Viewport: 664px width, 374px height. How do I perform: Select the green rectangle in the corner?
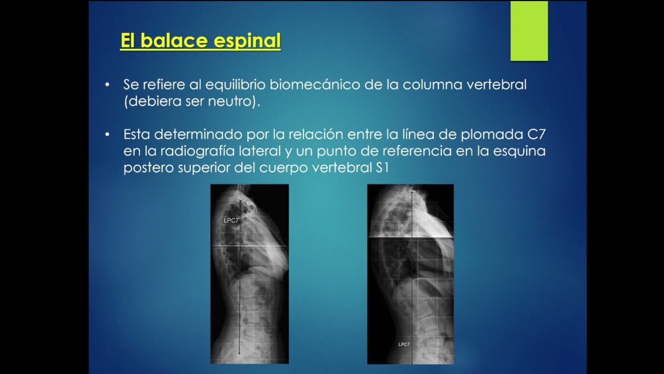pos(529,31)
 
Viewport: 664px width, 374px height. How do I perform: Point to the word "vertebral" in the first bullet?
pos(496,85)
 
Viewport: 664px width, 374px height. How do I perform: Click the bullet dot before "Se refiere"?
pos(107,85)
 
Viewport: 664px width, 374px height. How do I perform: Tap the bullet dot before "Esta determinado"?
pos(107,135)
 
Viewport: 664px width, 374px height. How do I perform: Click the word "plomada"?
pos(492,135)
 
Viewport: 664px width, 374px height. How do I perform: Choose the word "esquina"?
pos(519,152)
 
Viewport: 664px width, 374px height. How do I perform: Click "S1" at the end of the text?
pos(382,168)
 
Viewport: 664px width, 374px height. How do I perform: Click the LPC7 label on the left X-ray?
pos(231,221)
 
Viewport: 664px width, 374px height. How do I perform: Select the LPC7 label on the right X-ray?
pos(404,344)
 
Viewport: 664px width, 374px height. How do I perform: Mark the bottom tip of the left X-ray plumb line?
pos(239,354)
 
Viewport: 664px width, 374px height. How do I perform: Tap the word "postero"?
pos(148,168)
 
